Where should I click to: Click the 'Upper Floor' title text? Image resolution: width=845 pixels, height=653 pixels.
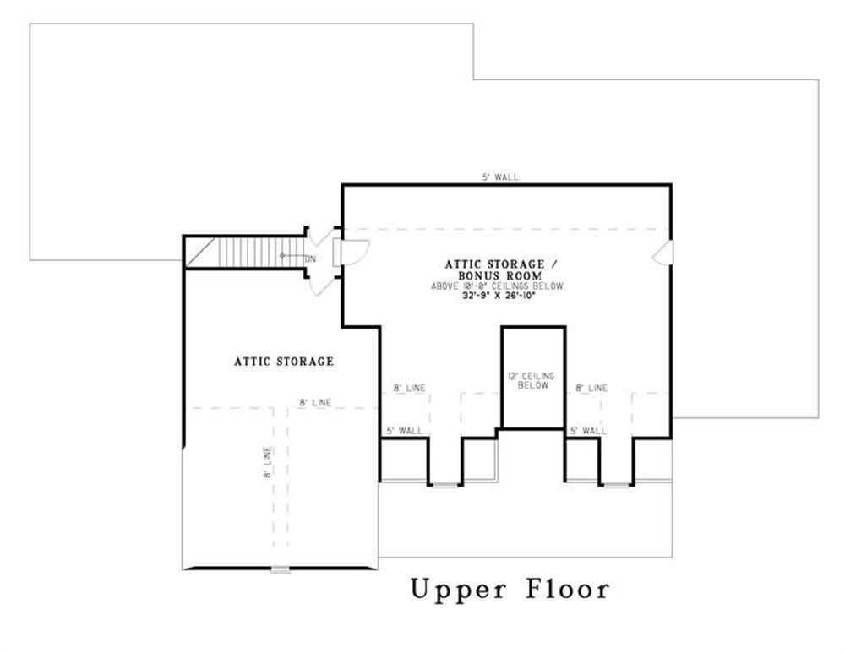510,589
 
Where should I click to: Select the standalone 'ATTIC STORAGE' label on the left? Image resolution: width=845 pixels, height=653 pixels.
284,362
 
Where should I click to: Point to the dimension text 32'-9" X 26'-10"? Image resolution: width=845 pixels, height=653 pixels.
499,296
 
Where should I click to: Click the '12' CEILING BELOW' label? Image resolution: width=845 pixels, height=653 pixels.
532,381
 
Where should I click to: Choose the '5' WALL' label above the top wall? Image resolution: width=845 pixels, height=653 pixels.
500,177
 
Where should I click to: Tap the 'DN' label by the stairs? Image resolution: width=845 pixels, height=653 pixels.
310,259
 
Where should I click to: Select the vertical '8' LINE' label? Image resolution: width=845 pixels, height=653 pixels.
268,463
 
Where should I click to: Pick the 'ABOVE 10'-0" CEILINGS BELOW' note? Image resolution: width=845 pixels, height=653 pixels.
497,286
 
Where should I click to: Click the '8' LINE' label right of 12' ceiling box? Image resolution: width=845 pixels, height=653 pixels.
591,388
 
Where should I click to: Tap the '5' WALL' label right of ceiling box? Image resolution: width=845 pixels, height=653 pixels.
588,431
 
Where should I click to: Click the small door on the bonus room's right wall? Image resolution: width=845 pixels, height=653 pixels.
662,253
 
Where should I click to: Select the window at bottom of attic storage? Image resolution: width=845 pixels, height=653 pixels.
281,569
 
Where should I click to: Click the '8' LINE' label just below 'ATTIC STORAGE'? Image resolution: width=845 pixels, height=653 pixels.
316,402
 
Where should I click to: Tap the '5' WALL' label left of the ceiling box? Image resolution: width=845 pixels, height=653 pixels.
405,431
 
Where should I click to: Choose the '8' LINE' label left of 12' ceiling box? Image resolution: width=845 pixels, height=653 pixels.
410,388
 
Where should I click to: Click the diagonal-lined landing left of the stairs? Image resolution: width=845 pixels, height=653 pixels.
200,253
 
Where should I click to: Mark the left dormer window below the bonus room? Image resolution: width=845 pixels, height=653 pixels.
445,486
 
